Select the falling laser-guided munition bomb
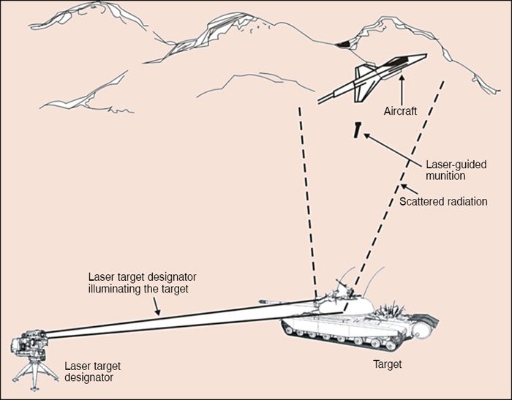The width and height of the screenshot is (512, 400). pos(356,130)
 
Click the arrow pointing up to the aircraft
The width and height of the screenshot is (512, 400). pos(402,94)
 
